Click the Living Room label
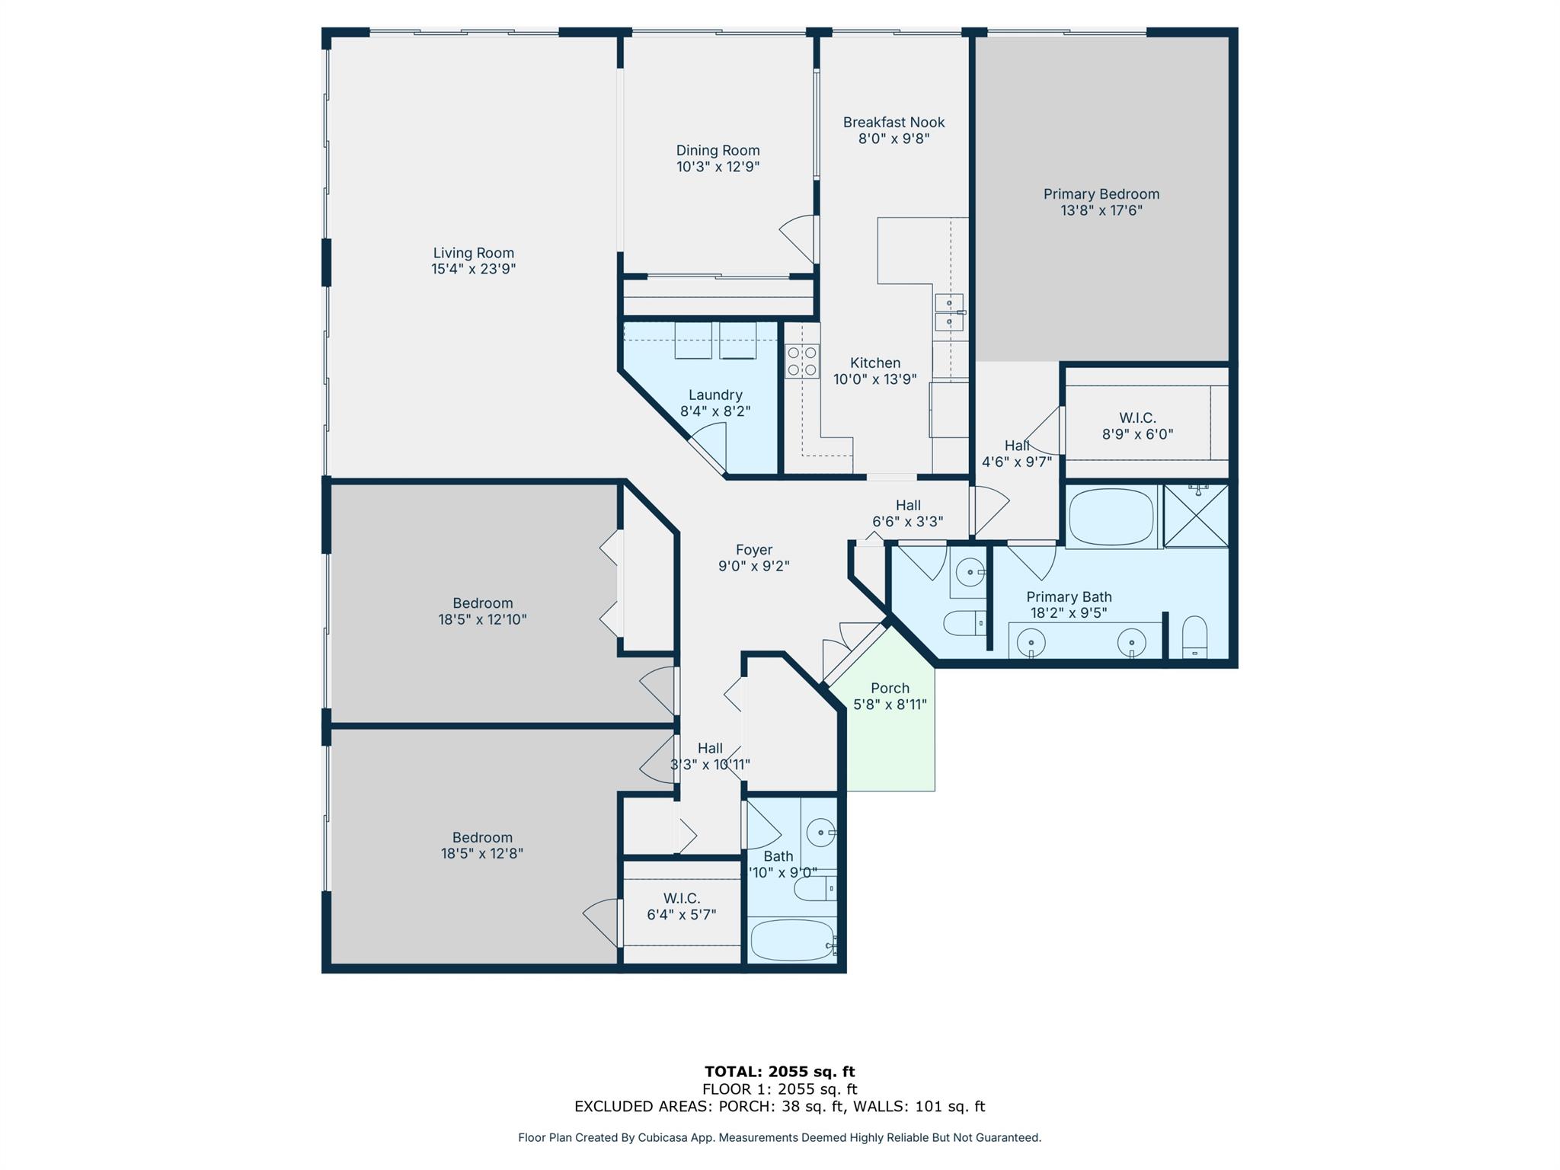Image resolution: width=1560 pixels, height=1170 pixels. click(473, 253)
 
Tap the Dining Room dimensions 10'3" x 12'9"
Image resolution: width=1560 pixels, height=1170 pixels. click(718, 167)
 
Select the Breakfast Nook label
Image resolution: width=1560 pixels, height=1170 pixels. click(893, 123)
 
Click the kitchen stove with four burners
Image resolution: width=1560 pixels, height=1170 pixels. click(802, 361)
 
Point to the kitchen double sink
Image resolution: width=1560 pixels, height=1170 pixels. click(949, 312)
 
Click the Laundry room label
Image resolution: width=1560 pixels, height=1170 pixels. click(714, 395)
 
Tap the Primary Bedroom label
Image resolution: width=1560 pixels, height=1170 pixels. click(1101, 194)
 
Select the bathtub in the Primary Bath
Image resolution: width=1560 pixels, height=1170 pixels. click(1111, 517)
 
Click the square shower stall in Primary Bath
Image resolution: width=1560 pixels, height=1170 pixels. click(1196, 516)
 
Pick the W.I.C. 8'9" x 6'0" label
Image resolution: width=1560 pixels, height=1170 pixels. click(1137, 427)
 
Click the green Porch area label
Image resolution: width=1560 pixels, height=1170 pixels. click(890, 689)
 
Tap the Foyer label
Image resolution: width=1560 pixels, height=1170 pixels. click(754, 550)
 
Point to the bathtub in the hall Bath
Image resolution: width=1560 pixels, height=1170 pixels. click(792, 941)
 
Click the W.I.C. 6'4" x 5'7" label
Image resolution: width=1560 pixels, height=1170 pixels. click(681, 906)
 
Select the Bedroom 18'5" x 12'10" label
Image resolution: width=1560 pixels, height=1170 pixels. click(482, 611)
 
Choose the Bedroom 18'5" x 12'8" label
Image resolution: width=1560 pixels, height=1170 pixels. click(482, 845)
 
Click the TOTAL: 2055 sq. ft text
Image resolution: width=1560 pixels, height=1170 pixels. click(779, 1072)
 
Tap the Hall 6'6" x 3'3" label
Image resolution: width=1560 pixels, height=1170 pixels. click(907, 513)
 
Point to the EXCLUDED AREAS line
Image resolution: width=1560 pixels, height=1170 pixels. click(779, 1106)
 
